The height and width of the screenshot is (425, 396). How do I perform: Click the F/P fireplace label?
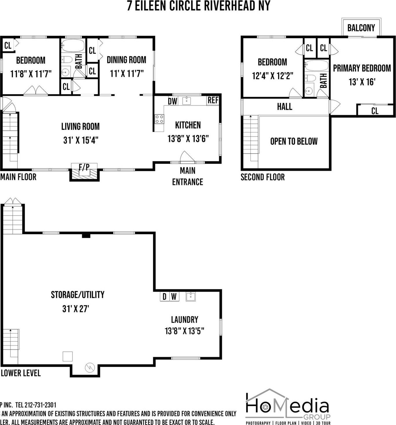(84, 167)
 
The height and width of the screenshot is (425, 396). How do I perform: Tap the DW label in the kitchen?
(172, 101)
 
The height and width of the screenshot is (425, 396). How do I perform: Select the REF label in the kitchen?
(213, 100)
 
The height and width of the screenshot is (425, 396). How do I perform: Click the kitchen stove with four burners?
(159, 119)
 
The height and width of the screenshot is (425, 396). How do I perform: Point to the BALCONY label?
(361, 28)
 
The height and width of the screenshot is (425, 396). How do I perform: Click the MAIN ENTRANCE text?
(188, 176)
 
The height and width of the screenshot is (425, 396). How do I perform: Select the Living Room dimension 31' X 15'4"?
(81, 140)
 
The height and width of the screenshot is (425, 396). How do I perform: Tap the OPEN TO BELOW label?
(294, 141)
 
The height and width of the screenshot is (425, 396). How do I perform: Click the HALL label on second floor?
(284, 107)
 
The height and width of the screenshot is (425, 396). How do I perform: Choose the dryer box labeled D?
(164, 296)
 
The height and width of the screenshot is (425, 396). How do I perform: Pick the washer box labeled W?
(174, 296)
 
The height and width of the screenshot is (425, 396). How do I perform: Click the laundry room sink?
(190, 296)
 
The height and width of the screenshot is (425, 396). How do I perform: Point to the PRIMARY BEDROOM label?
(362, 68)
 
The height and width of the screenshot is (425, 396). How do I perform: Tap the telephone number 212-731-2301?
(40, 405)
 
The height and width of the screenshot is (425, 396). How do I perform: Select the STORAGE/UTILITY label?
(77, 295)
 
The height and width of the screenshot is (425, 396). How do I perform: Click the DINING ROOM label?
(126, 60)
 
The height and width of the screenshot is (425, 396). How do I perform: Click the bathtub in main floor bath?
(73, 46)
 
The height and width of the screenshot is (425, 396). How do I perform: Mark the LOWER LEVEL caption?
(21, 373)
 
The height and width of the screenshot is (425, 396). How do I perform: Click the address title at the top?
(198, 6)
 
